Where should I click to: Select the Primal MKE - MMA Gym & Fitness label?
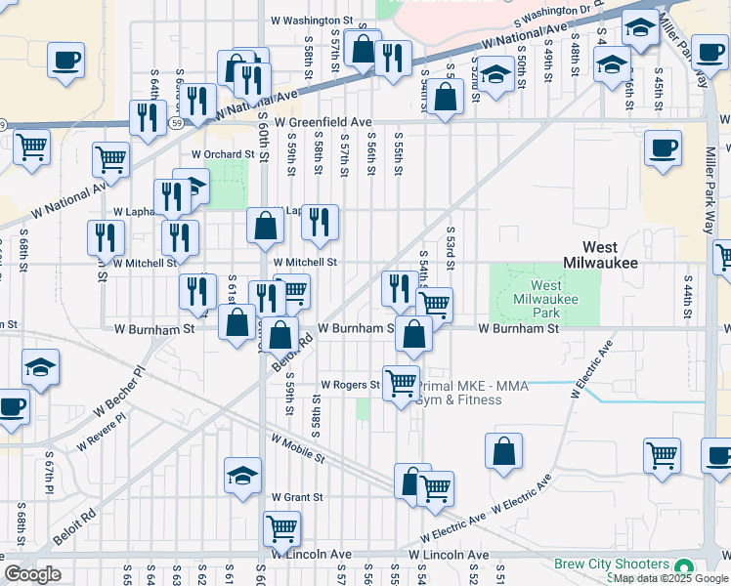coord(474,393)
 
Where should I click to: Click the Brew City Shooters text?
coord(612,565)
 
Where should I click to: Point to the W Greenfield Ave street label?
coord(322,122)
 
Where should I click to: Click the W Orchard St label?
coord(223,154)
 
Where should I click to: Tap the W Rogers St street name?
coord(349,385)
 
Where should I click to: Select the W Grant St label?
coord(297,497)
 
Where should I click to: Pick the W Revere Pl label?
coord(101,430)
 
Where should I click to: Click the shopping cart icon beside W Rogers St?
coord(400,382)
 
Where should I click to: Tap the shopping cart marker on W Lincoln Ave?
coord(281,528)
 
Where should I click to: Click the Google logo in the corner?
coord(32,574)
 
